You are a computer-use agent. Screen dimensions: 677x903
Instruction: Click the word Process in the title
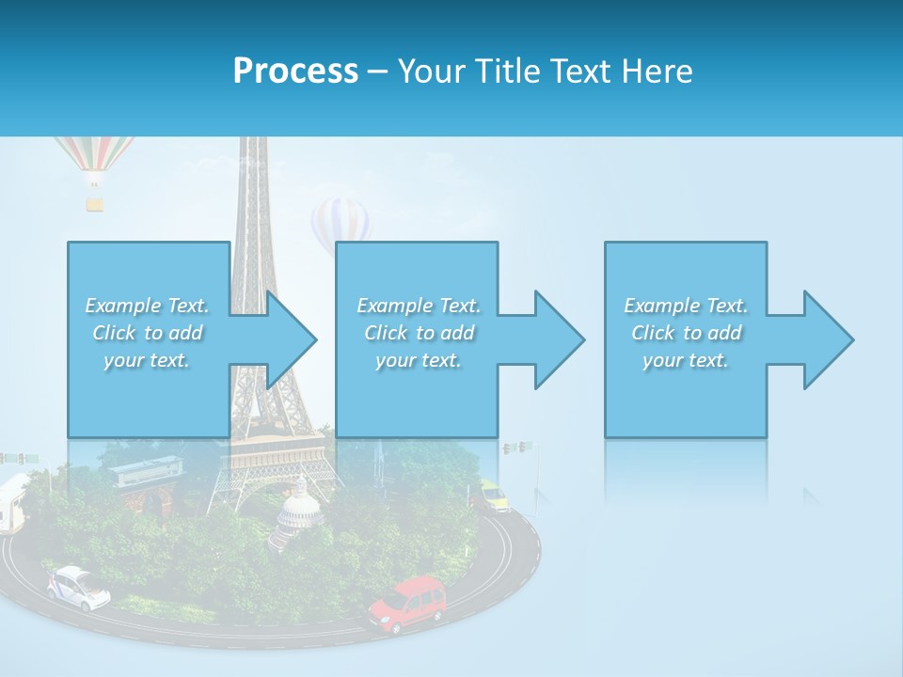295,71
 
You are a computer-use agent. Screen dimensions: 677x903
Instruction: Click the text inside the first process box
147,333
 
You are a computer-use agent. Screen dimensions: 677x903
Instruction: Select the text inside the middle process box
418,333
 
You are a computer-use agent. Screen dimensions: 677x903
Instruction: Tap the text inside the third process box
686,333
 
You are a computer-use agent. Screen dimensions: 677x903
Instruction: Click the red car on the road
407,604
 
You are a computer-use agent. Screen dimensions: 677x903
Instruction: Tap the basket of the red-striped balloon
95,202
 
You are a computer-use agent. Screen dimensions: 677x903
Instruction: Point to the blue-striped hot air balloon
341,222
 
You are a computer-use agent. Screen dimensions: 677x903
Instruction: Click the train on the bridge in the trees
146,470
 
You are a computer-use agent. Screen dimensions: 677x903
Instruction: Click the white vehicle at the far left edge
12,503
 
